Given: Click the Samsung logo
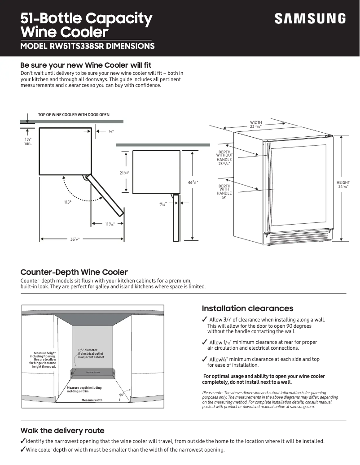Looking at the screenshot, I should click(310, 19).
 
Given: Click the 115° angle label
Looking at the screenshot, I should click(68, 202).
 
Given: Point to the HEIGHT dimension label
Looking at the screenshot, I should click(343, 184).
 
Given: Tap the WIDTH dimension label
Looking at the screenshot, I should click(256, 124).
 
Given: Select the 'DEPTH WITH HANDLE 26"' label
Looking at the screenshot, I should click(224, 191).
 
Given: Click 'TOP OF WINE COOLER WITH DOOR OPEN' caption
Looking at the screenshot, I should click(74, 115).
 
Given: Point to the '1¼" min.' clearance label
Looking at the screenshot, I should click(27, 142).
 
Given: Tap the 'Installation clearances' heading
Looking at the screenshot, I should click(247, 309).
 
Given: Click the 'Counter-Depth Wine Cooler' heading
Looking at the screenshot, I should click(74, 272).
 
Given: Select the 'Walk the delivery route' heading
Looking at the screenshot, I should click(62, 430).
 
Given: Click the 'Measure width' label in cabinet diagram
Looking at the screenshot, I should click(92, 400).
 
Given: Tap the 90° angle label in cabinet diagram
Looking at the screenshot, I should click(121, 394).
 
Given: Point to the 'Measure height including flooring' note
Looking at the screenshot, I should click(44, 360).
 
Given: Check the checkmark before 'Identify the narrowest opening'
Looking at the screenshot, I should click(23, 441).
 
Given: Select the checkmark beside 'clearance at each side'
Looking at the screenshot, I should click(205, 359).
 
